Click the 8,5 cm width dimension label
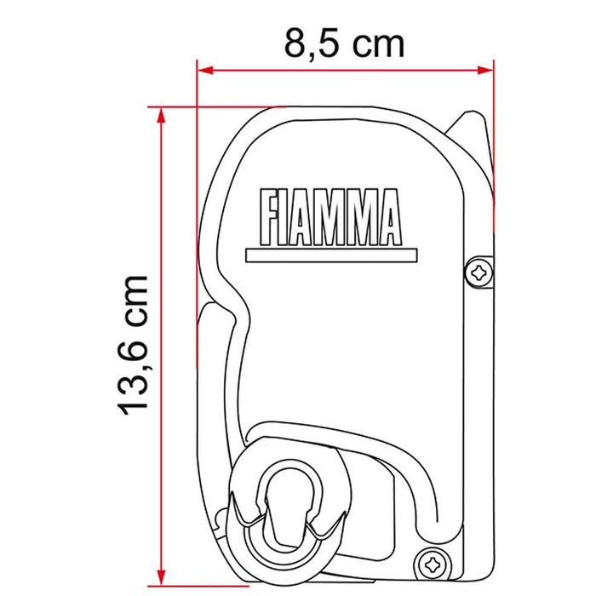pos(344,44)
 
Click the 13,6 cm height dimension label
pos(133,345)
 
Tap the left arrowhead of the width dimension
pos(206,71)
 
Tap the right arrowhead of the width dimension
pos(485,71)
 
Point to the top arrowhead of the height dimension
pos(162,115)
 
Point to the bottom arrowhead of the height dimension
pos(162,578)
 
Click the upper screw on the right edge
pos(479,272)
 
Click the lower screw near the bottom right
pos(433,566)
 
